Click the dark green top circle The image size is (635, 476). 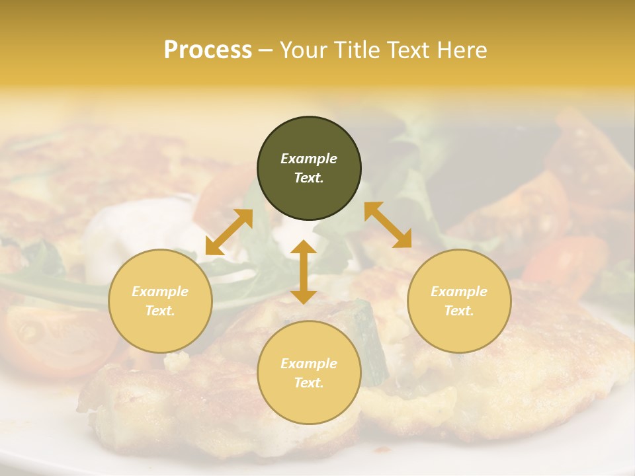[309, 169]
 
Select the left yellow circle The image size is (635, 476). [160, 301]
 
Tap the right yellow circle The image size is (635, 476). [459, 301]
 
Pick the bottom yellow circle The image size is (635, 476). [309, 373]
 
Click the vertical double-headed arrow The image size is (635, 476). [304, 272]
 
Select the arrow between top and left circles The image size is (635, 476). [229, 232]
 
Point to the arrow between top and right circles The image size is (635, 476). [388, 225]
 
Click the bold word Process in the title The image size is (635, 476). [208, 50]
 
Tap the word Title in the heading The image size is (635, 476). [355, 50]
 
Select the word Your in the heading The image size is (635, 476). [302, 50]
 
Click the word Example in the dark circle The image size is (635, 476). [309, 159]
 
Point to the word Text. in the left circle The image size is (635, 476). [160, 311]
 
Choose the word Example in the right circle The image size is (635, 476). [459, 292]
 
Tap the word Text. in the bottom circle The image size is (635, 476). [309, 383]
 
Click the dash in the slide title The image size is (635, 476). [266, 50]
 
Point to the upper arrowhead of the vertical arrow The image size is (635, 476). [304, 247]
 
